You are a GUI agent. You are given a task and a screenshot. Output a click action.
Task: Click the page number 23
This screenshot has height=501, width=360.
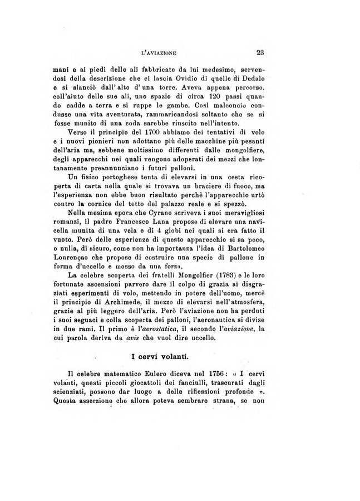(260, 53)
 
